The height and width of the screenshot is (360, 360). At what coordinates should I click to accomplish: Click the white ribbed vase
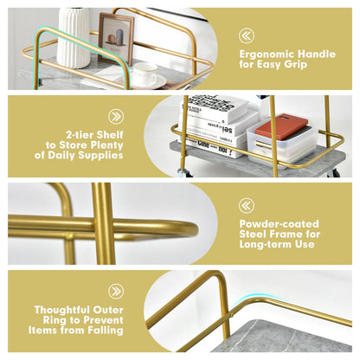point(74,37)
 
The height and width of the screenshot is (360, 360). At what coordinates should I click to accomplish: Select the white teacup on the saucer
point(145,74)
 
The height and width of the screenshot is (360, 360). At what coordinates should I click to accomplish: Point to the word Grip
point(296,64)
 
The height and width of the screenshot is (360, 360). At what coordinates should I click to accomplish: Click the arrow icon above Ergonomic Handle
point(247,35)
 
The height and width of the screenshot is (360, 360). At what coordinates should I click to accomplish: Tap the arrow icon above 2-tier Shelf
point(116,117)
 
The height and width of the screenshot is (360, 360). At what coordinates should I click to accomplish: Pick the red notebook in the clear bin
point(281,127)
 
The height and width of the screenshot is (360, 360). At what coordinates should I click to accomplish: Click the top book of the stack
point(214,107)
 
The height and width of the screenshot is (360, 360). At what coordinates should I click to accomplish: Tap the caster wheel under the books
point(183,173)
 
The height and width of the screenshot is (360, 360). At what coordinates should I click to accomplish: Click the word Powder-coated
point(280,224)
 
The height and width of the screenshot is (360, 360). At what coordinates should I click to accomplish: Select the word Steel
point(252,234)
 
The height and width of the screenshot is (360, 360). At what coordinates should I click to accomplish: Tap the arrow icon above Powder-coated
point(247,205)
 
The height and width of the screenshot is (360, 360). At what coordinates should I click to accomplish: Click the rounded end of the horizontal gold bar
point(194,230)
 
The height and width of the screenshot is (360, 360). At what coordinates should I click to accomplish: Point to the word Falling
point(106,331)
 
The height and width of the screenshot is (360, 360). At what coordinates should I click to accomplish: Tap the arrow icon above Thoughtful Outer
point(116,292)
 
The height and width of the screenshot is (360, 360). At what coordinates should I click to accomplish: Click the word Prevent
point(103,320)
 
